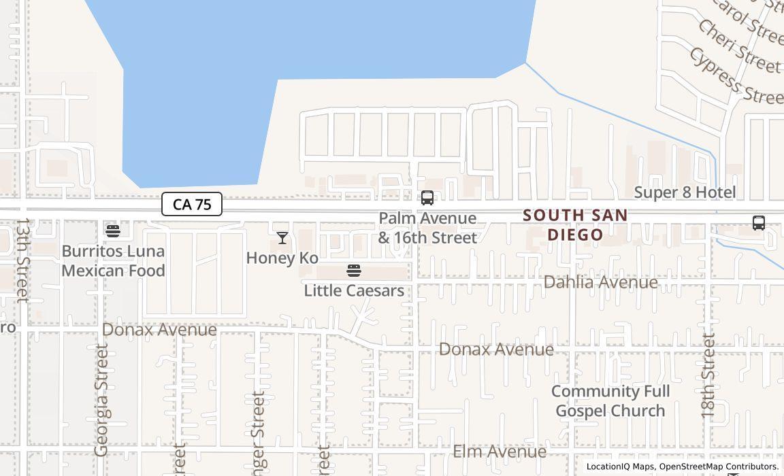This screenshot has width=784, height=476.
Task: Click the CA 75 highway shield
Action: (192, 204)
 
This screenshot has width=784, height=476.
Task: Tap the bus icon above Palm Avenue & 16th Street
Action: (427, 198)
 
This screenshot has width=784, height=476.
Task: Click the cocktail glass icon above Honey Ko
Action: (282, 238)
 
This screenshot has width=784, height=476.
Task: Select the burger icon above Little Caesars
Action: (354, 271)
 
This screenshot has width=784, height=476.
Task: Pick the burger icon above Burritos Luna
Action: (113, 231)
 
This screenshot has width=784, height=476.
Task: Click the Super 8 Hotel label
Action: (685, 192)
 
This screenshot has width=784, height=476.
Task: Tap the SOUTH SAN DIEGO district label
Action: (575, 225)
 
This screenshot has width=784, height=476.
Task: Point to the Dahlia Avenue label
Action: (600, 282)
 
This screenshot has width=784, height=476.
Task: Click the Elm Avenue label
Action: (500, 452)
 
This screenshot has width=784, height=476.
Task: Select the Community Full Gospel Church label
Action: (610, 401)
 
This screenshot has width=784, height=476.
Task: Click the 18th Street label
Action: (708, 375)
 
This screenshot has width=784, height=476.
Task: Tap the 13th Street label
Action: (22, 260)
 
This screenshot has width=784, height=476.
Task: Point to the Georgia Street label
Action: (101, 400)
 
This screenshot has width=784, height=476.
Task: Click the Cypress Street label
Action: (735, 75)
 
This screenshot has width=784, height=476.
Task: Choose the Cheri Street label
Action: (739, 46)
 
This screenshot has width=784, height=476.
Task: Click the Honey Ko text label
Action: (282, 258)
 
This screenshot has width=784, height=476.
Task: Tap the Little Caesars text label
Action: (354, 291)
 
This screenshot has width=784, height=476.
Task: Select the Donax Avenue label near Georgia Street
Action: (159, 330)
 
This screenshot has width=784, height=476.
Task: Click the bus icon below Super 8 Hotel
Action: (759, 223)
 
